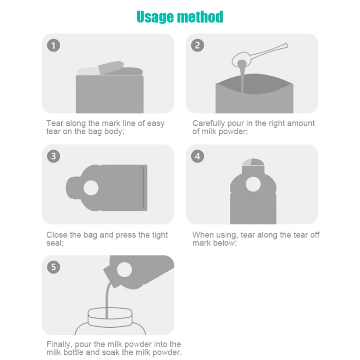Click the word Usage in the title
(155, 17)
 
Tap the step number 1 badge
(53, 45)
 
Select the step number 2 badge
(197, 45)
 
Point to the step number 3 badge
(53, 156)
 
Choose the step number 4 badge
(197, 156)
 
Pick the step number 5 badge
(53, 267)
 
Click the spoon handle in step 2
(268, 51)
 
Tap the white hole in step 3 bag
(91, 188)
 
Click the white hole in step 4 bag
(253, 184)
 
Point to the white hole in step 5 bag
(124, 269)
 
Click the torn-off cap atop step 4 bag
(253, 162)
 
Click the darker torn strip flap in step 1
(111, 67)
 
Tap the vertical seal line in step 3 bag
(143, 188)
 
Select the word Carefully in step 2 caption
(208, 123)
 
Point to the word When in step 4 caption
(202, 235)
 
